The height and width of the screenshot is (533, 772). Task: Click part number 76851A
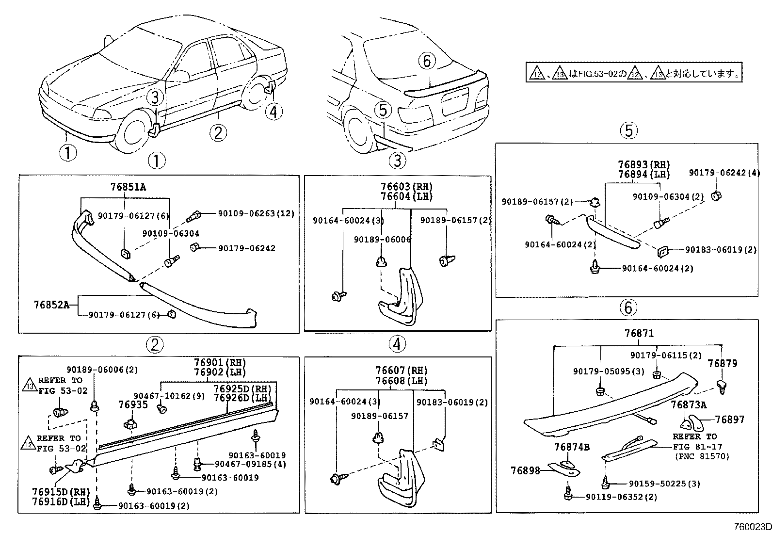pyautogui.click(x=128, y=187)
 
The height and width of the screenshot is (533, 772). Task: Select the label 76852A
pyautogui.click(x=51, y=305)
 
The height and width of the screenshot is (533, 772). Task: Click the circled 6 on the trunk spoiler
pyautogui.click(x=427, y=61)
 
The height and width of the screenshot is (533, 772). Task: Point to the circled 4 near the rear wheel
pyautogui.click(x=273, y=112)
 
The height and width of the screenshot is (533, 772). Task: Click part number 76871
pyautogui.click(x=639, y=334)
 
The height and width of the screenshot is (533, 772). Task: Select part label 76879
pyautogui.click(x=722, y=364)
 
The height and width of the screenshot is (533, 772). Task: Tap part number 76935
pyautogui.click(x=133, y=404)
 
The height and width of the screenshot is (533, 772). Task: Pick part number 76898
pyautogui.click(x=525, y=470)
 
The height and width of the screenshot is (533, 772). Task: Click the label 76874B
pyautogui.click(x=572, y=447)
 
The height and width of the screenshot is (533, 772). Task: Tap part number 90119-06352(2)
pyautogui.click(x=622, y=497)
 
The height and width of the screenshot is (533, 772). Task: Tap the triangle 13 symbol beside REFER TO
pyautogui.click(x=30, y=386)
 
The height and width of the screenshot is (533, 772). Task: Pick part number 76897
pyautogui.click(x=729, y=420)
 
